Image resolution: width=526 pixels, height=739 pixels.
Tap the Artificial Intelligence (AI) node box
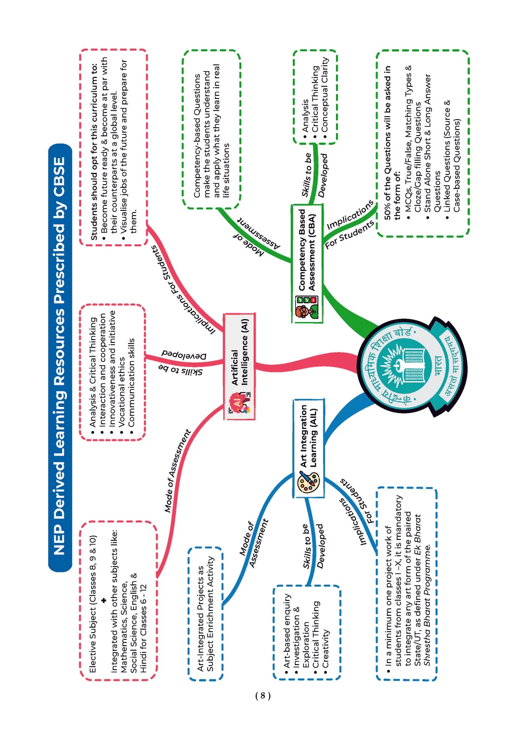point(240,366)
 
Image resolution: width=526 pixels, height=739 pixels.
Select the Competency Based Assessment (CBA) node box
point(307,263)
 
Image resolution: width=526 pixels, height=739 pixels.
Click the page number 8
point(262,695)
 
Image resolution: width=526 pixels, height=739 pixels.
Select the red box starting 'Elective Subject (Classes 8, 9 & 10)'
point(118,601)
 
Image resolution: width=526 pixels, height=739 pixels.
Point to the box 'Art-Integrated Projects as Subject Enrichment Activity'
point(205,614)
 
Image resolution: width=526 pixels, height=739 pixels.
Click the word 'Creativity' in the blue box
point(326,649)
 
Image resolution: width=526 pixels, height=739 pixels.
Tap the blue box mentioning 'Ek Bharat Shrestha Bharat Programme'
point(406,585)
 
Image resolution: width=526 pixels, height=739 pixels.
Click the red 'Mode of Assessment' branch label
point(177,471)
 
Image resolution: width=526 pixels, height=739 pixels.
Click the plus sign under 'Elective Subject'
point(103,600)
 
